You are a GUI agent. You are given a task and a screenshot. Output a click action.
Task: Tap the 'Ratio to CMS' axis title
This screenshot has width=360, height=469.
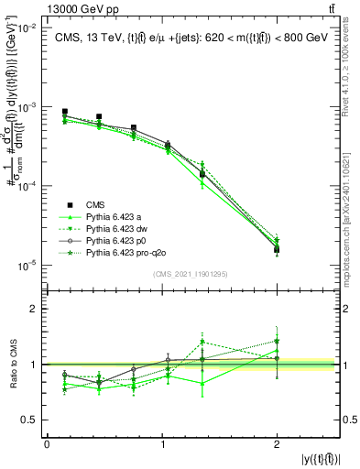pyautogui.click(x=13, y=365)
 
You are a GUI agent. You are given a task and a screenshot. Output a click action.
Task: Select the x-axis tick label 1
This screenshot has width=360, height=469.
pyautogui.click(x=162, y=443)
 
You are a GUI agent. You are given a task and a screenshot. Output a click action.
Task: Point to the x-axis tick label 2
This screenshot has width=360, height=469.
pyautogui.click(x=278, y=443)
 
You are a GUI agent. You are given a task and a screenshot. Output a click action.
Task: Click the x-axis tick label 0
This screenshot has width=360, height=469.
pyautogui.click(x=47, y=443)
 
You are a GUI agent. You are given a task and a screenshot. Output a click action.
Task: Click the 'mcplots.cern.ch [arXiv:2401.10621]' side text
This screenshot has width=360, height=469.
pyautogui.click(x=352, y=211)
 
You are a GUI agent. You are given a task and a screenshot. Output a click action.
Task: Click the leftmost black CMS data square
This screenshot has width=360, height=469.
pyautogui.click(x=64, y=112)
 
